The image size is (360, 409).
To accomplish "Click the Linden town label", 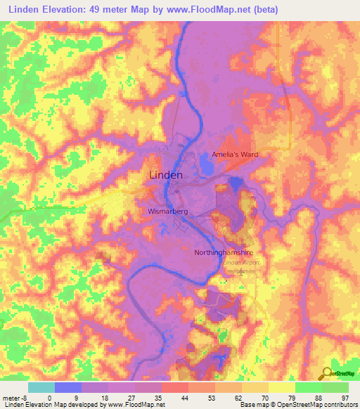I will click(x=166, y=175).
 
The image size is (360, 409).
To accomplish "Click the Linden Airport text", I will click(x=241, y=262).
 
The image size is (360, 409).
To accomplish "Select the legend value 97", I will click(x=345, y=398).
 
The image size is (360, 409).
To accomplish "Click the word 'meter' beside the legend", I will click(x=8, y=398).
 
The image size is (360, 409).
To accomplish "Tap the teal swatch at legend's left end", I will click(x=41, y=387).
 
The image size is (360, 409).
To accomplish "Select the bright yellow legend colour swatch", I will click(x=282, y=387).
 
